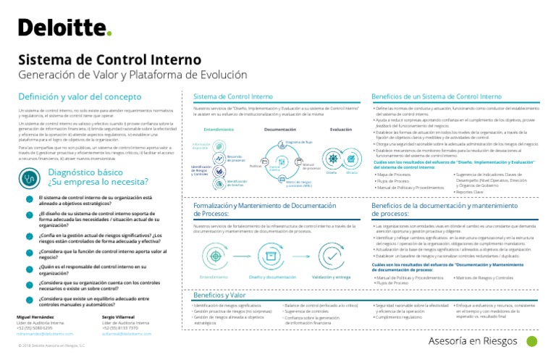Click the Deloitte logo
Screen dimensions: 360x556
point(64,28)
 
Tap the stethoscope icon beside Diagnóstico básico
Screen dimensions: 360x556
point(30,177)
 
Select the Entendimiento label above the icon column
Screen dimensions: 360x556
point(219,130)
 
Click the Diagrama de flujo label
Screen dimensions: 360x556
point(298,143)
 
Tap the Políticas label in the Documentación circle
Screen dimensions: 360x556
point(255,166)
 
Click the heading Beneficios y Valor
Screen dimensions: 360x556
point(219,295)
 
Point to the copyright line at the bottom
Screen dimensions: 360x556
point(51,346)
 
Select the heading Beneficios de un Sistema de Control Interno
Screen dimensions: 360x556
point(436,96)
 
